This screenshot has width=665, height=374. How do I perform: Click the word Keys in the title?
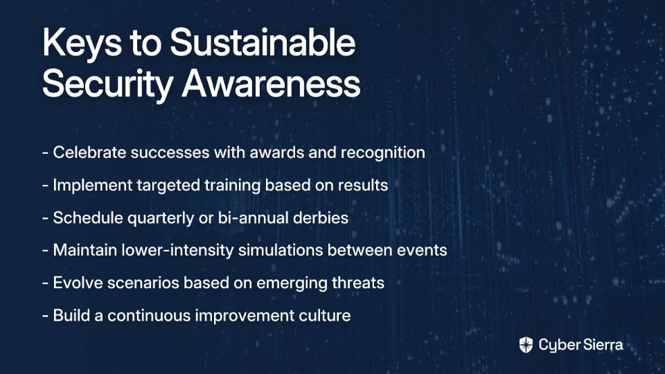[x=82, y=43]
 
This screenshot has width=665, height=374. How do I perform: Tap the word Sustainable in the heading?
[x=263, y=42]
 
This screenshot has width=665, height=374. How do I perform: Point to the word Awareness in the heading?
[x=271, y=83]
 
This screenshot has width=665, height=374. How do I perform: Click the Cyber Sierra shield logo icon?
[x=526, y=345]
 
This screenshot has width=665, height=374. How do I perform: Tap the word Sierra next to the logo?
[x=601, y=344]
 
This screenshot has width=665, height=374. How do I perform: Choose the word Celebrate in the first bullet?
[x=89, y=152]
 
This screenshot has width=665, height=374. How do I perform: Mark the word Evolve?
[x=78, y=283]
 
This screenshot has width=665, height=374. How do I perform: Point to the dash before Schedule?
[x=46, y=218]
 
